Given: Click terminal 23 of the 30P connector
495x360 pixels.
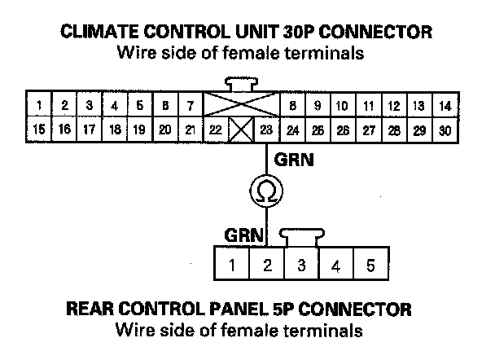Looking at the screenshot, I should [265, 129].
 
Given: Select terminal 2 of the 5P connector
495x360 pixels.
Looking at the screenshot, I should [267, 265].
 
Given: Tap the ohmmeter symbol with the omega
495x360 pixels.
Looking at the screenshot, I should [265, 191].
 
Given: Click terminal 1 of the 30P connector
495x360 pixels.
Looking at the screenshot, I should [38, 106].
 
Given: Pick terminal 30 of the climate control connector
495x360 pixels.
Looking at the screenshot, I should [444, 129].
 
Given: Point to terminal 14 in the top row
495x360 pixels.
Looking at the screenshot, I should [444, 106].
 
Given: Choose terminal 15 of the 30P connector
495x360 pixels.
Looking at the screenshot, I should [38, 129].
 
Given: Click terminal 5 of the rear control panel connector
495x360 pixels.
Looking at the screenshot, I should [370, 265].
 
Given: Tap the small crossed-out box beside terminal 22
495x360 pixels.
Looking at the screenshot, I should [240, 129].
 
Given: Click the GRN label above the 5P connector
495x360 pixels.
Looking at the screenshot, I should [244, 235].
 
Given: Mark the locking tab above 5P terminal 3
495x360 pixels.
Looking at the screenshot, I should [301, 236].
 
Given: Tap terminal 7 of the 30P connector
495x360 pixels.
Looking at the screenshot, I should [190, 106].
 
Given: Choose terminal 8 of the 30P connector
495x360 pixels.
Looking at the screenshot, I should [291, 106].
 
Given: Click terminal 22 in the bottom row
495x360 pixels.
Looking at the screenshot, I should [215, 129].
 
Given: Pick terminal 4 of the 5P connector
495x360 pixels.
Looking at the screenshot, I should [336, 265].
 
